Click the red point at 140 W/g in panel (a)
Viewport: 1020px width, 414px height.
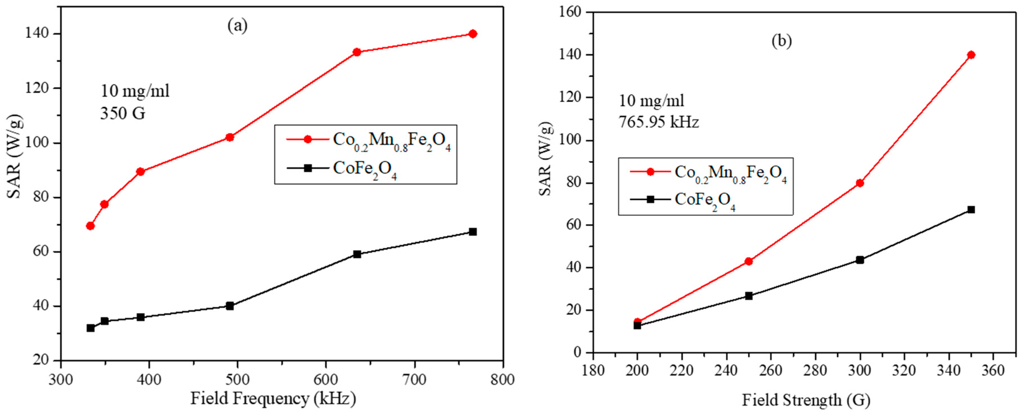pos(472,34)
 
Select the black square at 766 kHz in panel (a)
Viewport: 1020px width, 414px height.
pos(472,232)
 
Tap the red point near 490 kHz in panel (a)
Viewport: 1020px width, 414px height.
pos(230,137)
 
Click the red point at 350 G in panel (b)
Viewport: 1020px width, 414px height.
pos(971,55)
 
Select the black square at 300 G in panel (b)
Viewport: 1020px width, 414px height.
pos(860,260)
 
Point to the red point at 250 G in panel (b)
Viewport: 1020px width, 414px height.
pos(748,261)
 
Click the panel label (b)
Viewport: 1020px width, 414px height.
pos(781,41)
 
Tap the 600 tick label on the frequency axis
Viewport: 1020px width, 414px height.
pos(326,380)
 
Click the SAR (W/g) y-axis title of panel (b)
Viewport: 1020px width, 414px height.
pos(546,158)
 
